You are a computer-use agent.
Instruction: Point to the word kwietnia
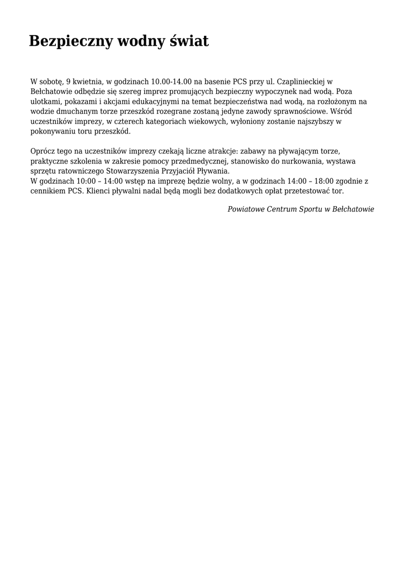tap(87, 82)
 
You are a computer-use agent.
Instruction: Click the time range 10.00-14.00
tap(171, 82)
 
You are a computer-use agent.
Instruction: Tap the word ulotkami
tap(46, 102)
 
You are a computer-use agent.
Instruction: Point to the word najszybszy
tap(317, 122)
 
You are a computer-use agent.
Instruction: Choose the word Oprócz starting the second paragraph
tap(43, 151)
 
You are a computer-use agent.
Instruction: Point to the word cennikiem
tap(48, 191)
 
